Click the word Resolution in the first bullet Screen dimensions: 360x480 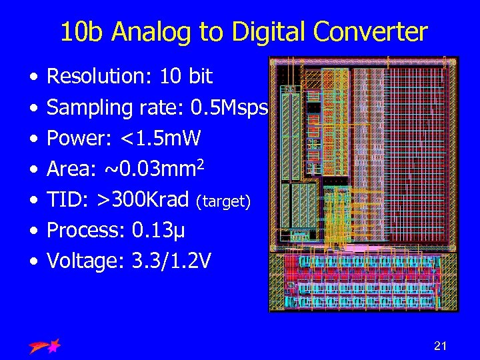pyautogui.click(x=100, y=77)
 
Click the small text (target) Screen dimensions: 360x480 pyautogui.click(x=223, y=201)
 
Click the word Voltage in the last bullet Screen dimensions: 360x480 pyautogui.click(x=83, y=261)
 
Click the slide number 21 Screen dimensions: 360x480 pyautogui.click(x=440, y=345)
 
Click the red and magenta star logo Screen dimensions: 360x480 pyautogui.click(x=45, y=346)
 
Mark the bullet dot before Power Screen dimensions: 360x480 pyautogui.click(x=33, y=139)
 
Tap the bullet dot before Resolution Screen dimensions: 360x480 pyautogui.click(x=33, y=77)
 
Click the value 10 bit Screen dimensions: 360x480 pyautogui.click(x=186, y=77)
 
